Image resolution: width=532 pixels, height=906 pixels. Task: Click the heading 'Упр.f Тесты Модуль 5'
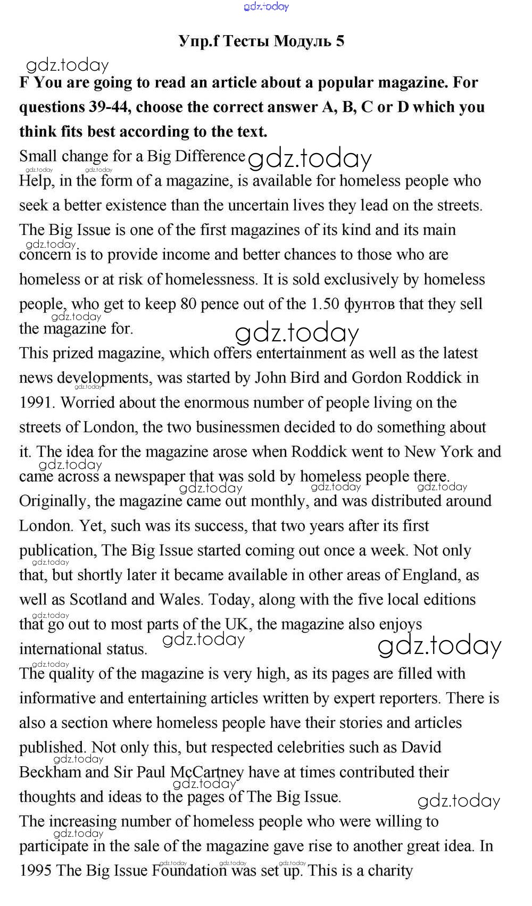point(262,41)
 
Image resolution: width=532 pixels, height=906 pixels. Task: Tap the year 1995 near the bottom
point(36,870)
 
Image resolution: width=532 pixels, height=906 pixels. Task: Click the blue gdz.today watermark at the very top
point(266,6)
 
